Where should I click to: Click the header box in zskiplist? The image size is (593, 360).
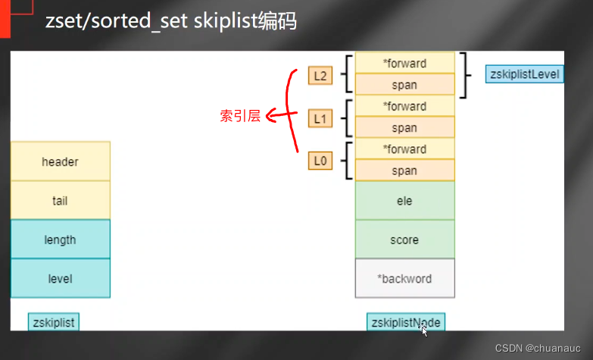coord(61,161)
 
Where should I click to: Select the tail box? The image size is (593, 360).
coord(61,201)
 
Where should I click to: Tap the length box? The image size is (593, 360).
coord(61,239)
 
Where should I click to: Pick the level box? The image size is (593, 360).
coord(61,278)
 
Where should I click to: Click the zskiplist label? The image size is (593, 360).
coord(54,322)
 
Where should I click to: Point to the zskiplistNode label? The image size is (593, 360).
coord(405,322)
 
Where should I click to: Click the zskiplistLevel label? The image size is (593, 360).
coord(525,74)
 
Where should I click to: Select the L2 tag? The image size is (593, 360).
coord(320,75)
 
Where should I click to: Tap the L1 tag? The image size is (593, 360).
coord(320,118)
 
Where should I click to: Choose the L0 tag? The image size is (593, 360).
coord(320,161)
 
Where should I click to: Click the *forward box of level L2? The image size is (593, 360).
coord(404,63)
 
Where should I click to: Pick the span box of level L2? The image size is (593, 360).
coord(404,85)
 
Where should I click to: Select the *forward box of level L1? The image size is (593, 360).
coord(404,106)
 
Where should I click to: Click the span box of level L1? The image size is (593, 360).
coord(404,127)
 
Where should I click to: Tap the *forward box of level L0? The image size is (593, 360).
coord(404,149)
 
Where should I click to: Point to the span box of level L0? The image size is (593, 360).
coord(404,171)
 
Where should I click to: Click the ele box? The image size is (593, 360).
coord(404,201)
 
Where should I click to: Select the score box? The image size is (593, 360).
coord(404,239)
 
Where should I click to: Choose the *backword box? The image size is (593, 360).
coord(404,278)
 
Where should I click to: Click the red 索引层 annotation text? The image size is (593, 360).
coord(240,117)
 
